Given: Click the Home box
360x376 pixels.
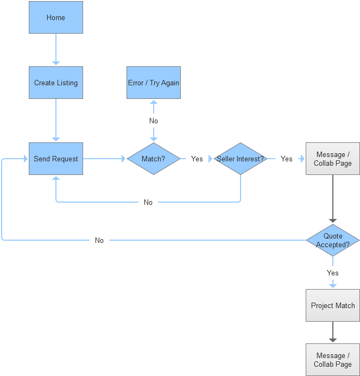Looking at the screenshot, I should (56, 17).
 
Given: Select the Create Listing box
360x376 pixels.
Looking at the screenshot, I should (56, 83).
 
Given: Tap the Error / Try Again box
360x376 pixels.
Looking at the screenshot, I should (154, 83).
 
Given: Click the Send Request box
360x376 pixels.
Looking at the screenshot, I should (56, 159).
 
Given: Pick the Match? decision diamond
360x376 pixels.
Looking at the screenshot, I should (154, 159).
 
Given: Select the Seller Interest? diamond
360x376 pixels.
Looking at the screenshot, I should (240, 159).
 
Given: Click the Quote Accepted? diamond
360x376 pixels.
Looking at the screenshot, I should (333, 240).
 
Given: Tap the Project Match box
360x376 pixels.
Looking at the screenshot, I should (333, 305).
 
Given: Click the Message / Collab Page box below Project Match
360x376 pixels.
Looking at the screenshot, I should (333, 360).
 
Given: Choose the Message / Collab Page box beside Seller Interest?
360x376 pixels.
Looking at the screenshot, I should (333, 159).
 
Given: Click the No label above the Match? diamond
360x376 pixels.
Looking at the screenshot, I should (154, 121).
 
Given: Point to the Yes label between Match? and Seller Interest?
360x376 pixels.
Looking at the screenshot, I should (197, 159).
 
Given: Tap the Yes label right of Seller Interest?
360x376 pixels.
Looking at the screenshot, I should (286, 159).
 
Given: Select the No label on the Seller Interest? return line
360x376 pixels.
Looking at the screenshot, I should (148, 202).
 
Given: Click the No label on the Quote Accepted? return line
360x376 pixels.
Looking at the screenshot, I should (99, 240).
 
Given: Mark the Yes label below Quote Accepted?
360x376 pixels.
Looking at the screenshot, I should (333, 273).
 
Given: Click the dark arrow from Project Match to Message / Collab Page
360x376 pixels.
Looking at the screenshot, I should (333, 333).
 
